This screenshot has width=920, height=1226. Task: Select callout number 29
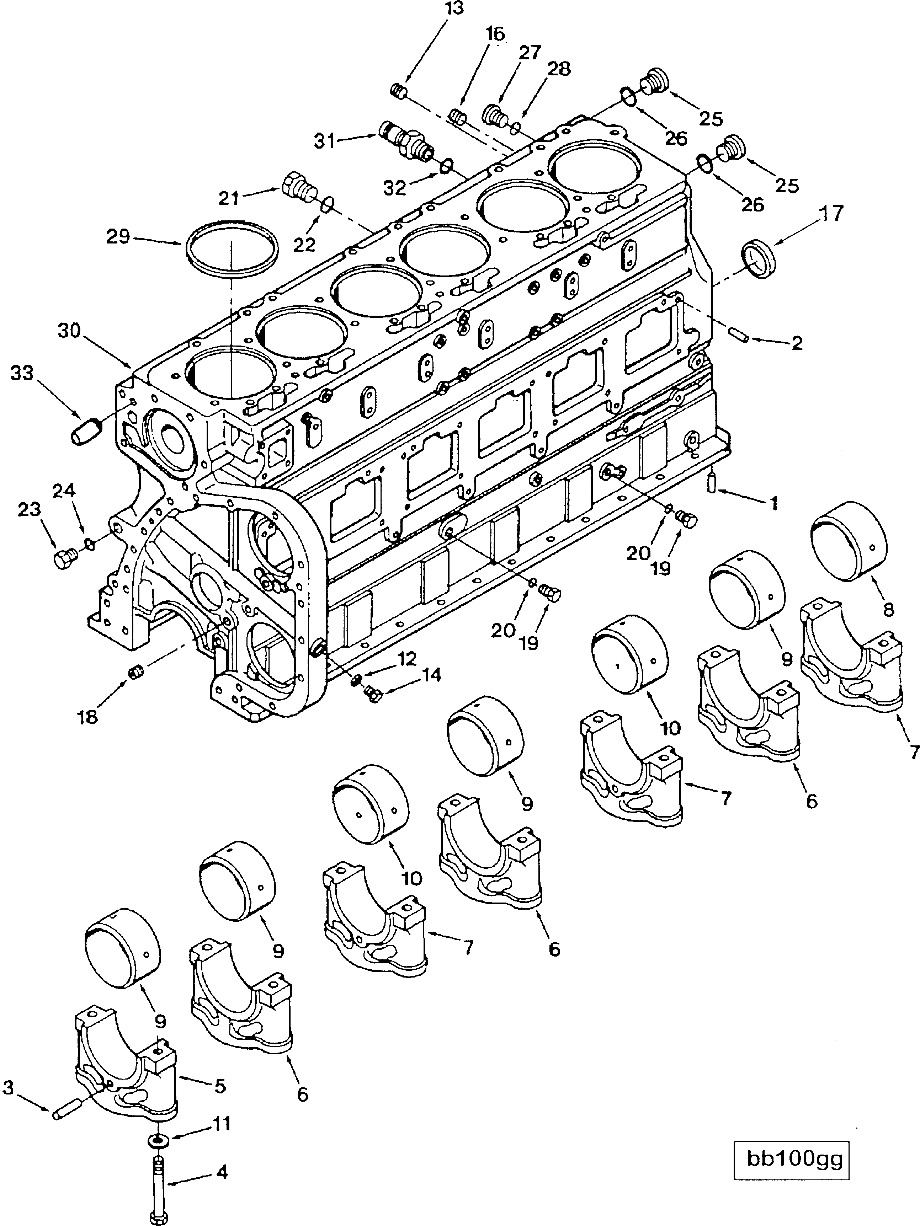point(118,237)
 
